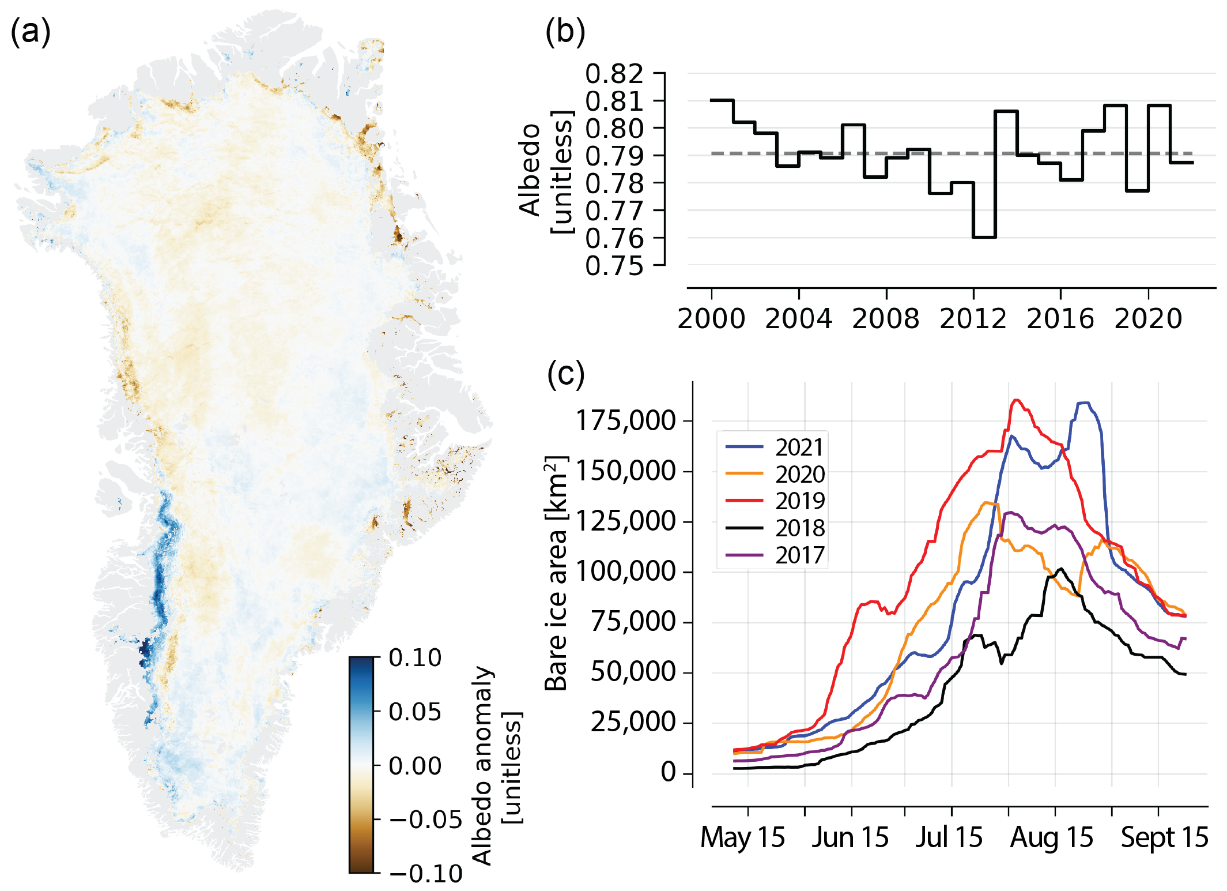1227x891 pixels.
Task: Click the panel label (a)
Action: coord(31,32)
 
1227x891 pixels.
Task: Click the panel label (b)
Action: coord(565,32)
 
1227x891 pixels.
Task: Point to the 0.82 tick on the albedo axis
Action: coord(614,74)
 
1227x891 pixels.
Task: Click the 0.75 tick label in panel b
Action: coord(614,266)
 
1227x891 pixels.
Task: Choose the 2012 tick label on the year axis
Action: coord(973,319)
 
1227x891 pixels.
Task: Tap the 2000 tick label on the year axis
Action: coord(711,319)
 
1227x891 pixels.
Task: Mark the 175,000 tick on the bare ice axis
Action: coord(626,420)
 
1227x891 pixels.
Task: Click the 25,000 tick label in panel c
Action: coord(633,722)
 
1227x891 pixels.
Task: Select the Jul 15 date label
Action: coord(949,837)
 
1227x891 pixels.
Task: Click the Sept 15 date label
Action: coord(1164,837)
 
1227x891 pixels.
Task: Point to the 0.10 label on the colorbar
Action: coord(415,657)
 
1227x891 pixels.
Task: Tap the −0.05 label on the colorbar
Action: coord(425,819)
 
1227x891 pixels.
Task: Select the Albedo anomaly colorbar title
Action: coord(483,765)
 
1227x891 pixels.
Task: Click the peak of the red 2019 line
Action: coord(1016,400)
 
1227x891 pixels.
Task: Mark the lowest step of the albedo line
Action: coord(984,237)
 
